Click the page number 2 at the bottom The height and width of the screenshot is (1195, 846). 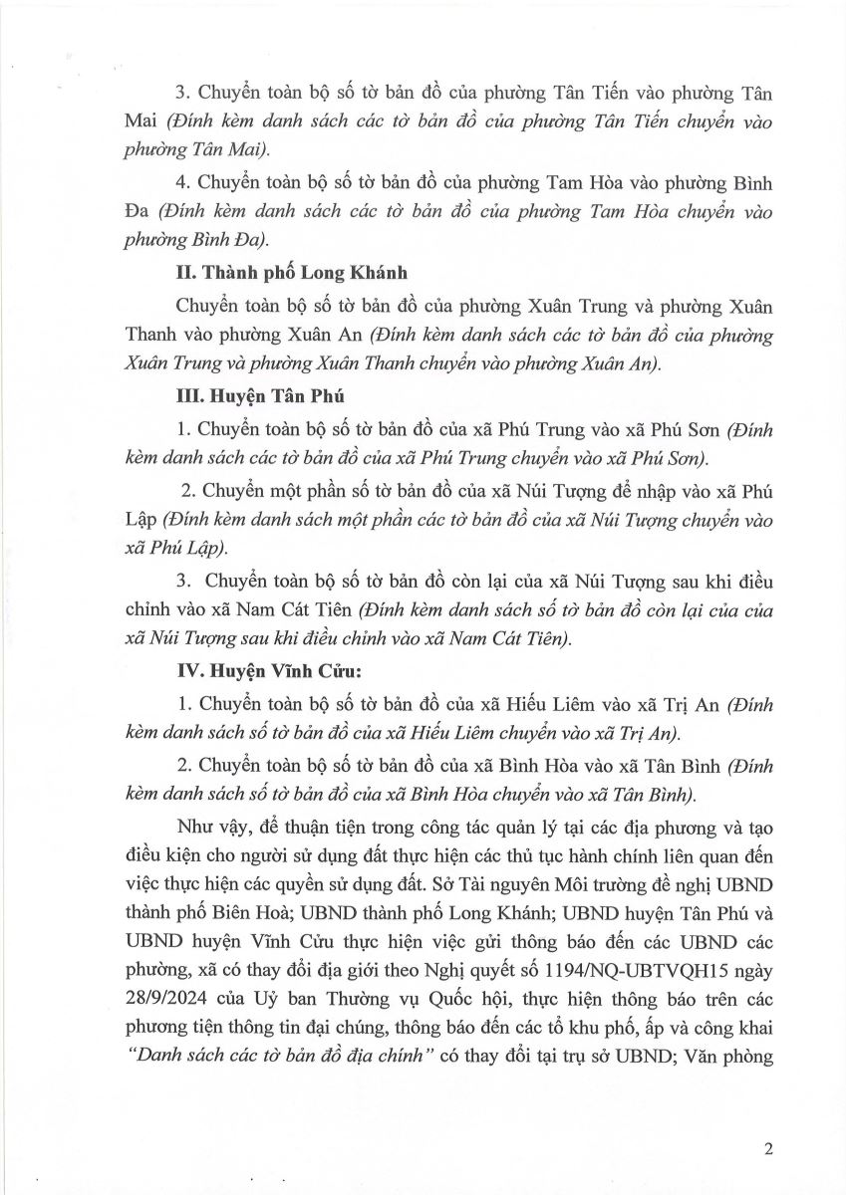[x=768, y=1148]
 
